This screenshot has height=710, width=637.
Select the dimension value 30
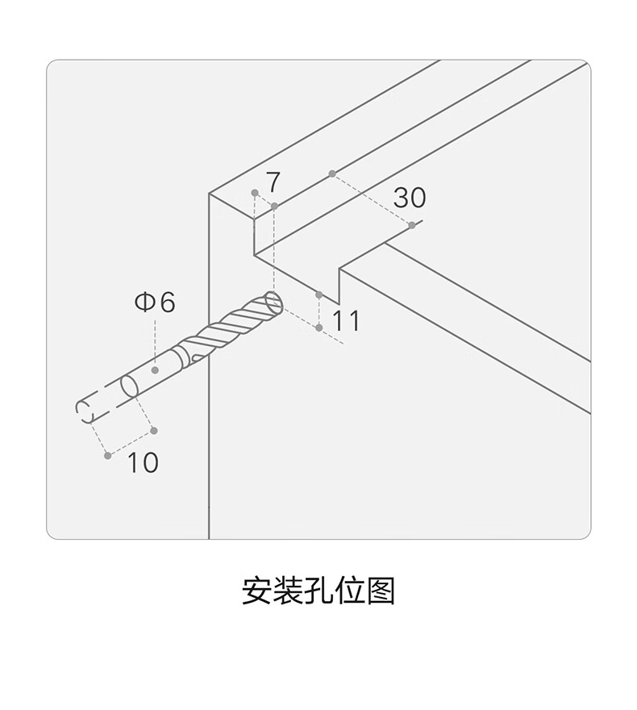[410, 198]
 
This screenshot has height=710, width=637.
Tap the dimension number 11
[346, 321]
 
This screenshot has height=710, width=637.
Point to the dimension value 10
[143, 463]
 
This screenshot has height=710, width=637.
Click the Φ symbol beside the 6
[144, 303]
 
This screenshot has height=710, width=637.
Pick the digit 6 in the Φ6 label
[166, 303]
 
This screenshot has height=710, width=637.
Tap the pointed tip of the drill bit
[276, 303]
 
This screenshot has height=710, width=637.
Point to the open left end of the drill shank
[85, 410]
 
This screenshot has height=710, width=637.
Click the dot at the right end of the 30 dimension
[412, 225]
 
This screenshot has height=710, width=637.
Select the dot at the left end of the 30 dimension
[331, 173]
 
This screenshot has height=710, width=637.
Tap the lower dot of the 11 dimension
[320, 328]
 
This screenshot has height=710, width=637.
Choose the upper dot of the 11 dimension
[320, 294]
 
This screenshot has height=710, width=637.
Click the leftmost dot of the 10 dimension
[108, 456]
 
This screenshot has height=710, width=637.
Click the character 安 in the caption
[256, 591]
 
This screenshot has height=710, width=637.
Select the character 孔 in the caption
[318, 591]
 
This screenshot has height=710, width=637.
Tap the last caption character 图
[380, 591]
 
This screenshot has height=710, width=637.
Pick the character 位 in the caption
[349, 591]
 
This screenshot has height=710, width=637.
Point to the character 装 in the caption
[288, 591]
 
